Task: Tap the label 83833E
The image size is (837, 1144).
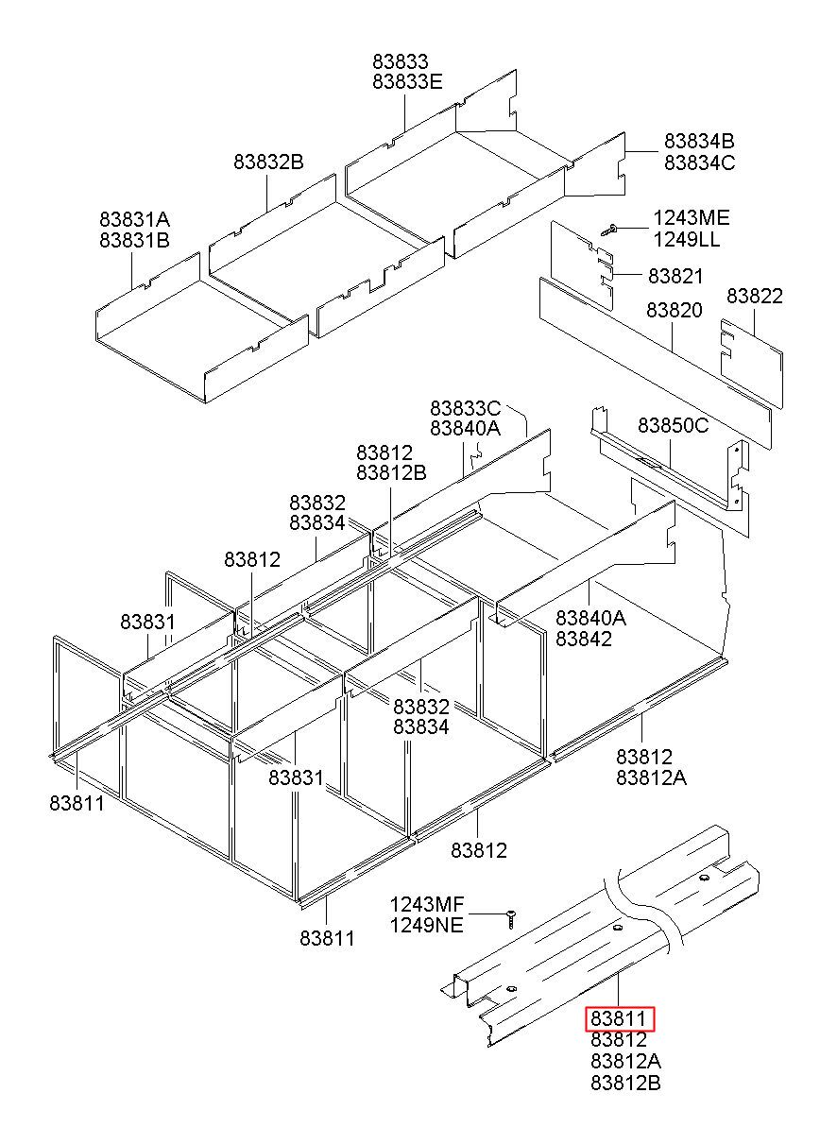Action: (x=407, y=81)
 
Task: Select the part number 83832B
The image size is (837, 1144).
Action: (x=268, y=162)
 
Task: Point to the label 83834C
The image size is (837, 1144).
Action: (x=700, y=162)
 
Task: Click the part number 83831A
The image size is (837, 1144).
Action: (x=134, y=219)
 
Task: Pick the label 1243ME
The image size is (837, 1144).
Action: (x=692, y=218)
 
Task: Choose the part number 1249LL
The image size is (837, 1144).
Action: (x=687, y=239)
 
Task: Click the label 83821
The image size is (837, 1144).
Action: (x=675, y=276)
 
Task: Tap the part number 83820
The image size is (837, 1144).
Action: (x=675, y=310)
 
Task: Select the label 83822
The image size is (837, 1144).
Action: (x=755, y=297)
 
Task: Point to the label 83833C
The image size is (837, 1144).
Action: (x=465, y=408)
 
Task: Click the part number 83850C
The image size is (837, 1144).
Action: (x=673, y=425)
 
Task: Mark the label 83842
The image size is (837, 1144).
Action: (x=584, y=639)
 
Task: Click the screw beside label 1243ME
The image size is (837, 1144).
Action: (x=608, y=230)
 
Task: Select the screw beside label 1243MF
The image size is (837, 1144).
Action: (x=511, y=919)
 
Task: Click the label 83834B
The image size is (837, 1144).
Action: (x=699, y=141)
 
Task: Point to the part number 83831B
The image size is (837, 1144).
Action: (x=134, y=240)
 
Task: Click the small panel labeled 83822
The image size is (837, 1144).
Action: (x=751, y=364)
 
